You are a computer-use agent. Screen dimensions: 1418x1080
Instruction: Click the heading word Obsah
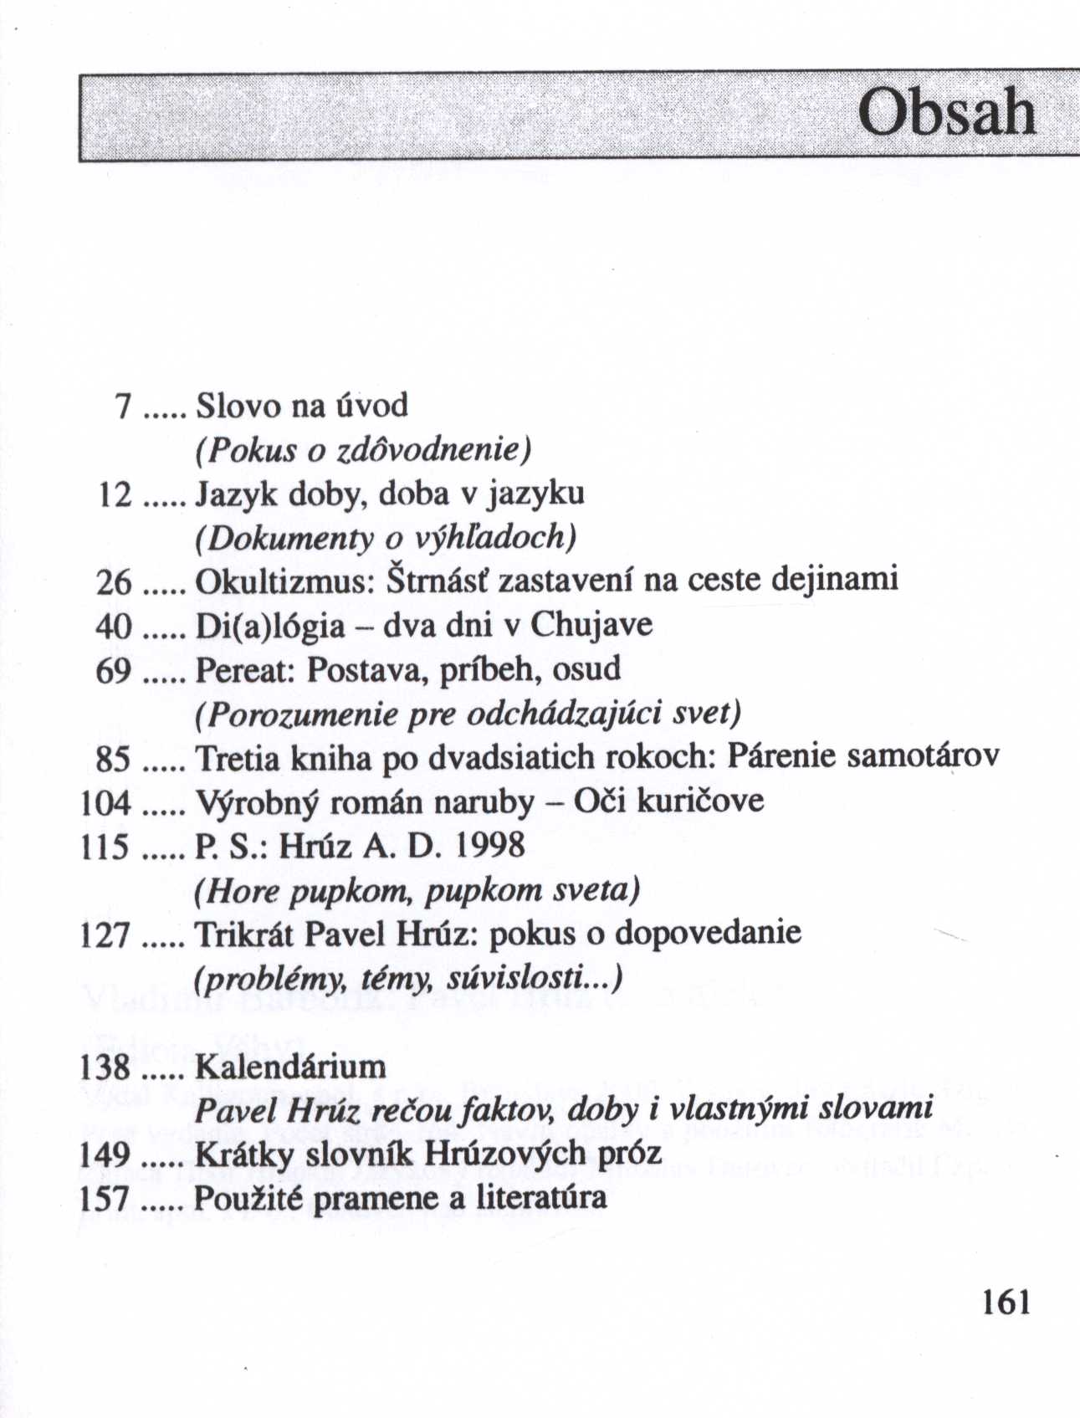[947, 113]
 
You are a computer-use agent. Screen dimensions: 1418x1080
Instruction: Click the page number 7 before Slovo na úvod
[123, 407]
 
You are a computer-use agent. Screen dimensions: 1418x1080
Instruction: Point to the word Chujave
[591, 625]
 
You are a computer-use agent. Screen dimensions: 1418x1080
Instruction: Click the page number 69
[114, 670]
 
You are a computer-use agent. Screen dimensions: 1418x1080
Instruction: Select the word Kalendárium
[290, 1067]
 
